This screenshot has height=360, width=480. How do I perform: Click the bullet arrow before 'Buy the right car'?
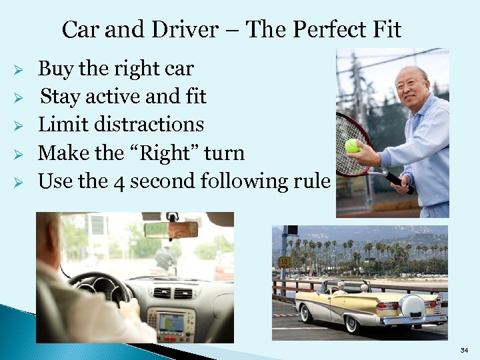(19, 70)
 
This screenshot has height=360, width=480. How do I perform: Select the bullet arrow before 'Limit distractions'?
(19, 125)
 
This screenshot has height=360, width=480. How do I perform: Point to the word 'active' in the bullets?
(112, 97)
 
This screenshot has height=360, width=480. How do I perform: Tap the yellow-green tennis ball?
(352, 145)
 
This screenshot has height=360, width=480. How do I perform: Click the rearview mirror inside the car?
(171, 229)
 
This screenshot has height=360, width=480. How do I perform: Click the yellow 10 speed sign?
(285, 262)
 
